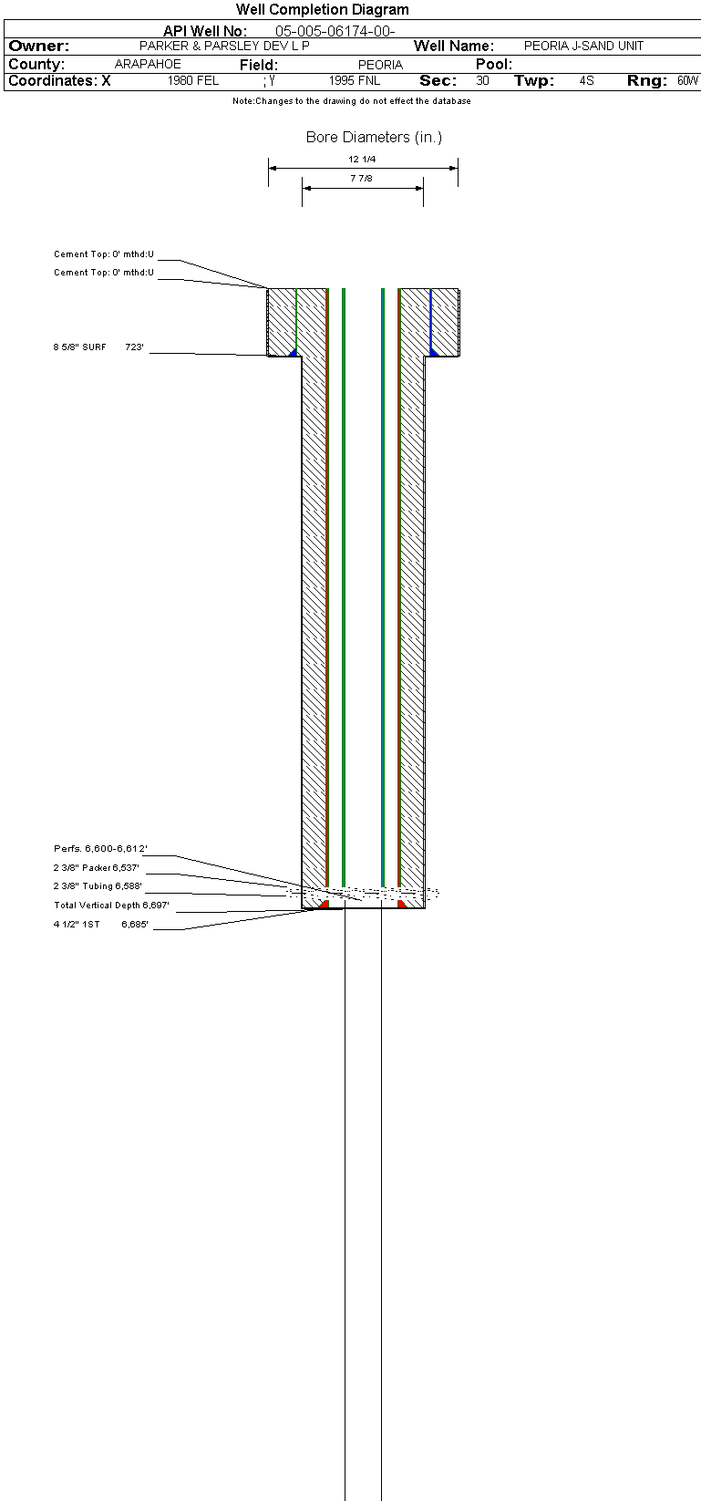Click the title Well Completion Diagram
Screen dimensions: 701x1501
coord(322,9)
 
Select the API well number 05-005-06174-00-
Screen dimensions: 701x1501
coord(335,31)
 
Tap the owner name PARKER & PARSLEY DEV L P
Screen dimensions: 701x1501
coord(224,47)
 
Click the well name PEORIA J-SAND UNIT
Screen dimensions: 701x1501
coord(583,47)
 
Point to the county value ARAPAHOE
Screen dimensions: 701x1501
coord(148,65)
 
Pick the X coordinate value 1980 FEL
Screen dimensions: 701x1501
coord(193,80)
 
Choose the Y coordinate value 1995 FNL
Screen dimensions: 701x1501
coord(355,80)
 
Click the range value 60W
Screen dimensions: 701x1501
coord(687,80)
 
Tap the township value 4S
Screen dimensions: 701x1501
coord(586,80)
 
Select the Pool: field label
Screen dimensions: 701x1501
coord(494,65)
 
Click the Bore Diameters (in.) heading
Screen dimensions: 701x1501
coord(374,138)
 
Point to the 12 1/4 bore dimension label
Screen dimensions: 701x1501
coord(362,160)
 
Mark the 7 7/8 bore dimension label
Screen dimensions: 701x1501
coord(362,178)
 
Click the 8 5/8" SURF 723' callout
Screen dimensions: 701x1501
coord(98,347)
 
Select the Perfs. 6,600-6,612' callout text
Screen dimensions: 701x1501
coord(100,848)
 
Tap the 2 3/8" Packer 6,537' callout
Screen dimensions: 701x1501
coord(97,867)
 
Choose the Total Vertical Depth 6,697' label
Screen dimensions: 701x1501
coord(111,905)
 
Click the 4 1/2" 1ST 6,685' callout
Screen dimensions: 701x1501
coord(100,924)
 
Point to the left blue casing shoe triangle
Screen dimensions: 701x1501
coord(293,353)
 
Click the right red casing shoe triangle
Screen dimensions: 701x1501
coord(402,905)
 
